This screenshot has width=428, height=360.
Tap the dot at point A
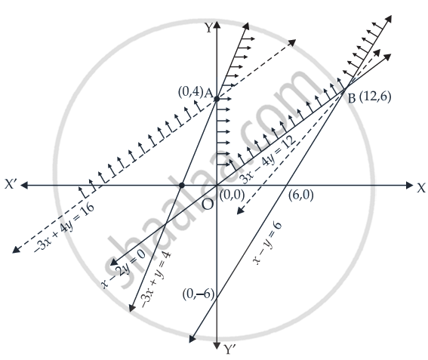pos(217,99)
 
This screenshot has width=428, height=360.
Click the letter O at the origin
pos(208,204)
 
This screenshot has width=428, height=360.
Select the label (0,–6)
pos(199,294)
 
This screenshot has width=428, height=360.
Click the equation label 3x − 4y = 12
pos(268,160)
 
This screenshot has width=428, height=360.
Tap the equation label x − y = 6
pos(267,243)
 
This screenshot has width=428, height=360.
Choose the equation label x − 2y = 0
pos(123,269)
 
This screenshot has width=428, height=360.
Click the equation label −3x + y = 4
pos(155,280)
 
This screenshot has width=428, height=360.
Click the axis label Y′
pos(229,349)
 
